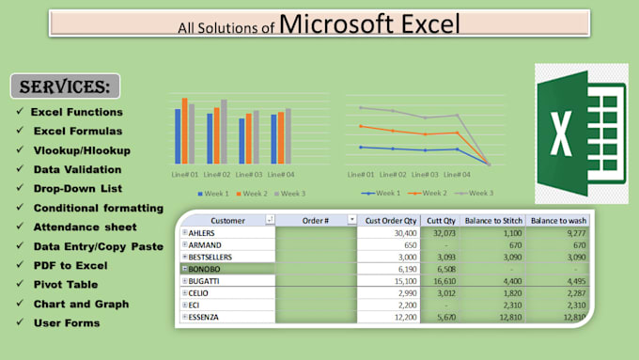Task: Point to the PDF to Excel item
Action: (70, 264)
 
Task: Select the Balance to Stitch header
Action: (494, 219)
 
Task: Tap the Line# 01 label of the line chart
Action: (361, 175)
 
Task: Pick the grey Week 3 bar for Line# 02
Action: (224, 133)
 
